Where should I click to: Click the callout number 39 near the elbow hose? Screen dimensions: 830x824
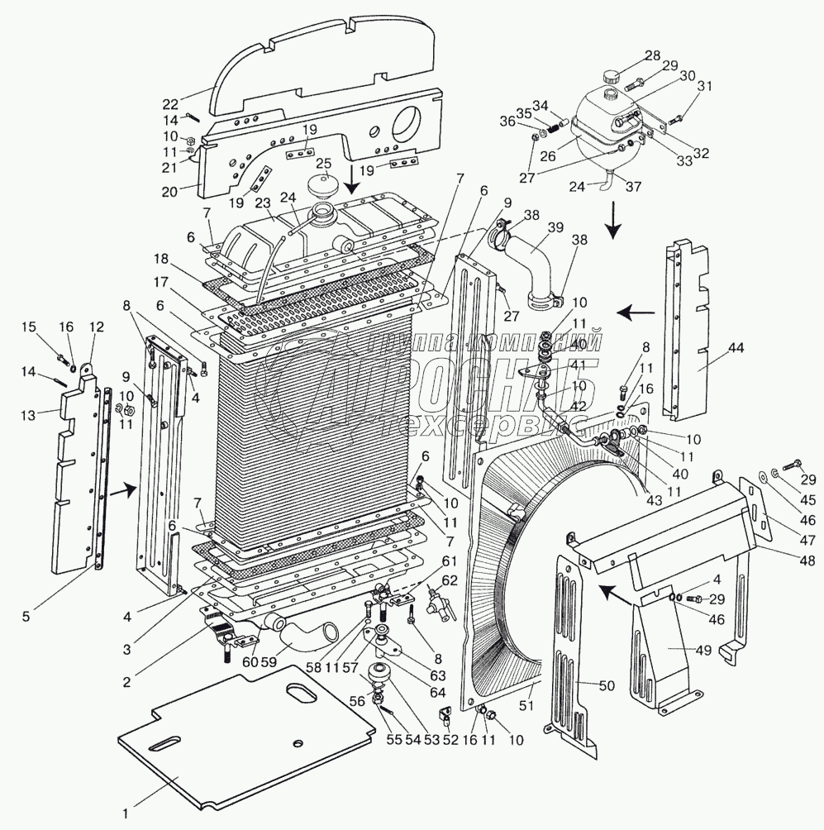tap(555, 228)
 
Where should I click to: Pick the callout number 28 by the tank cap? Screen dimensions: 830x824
tap(653, 55)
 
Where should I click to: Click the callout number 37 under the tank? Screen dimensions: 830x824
tap(633, 186)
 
